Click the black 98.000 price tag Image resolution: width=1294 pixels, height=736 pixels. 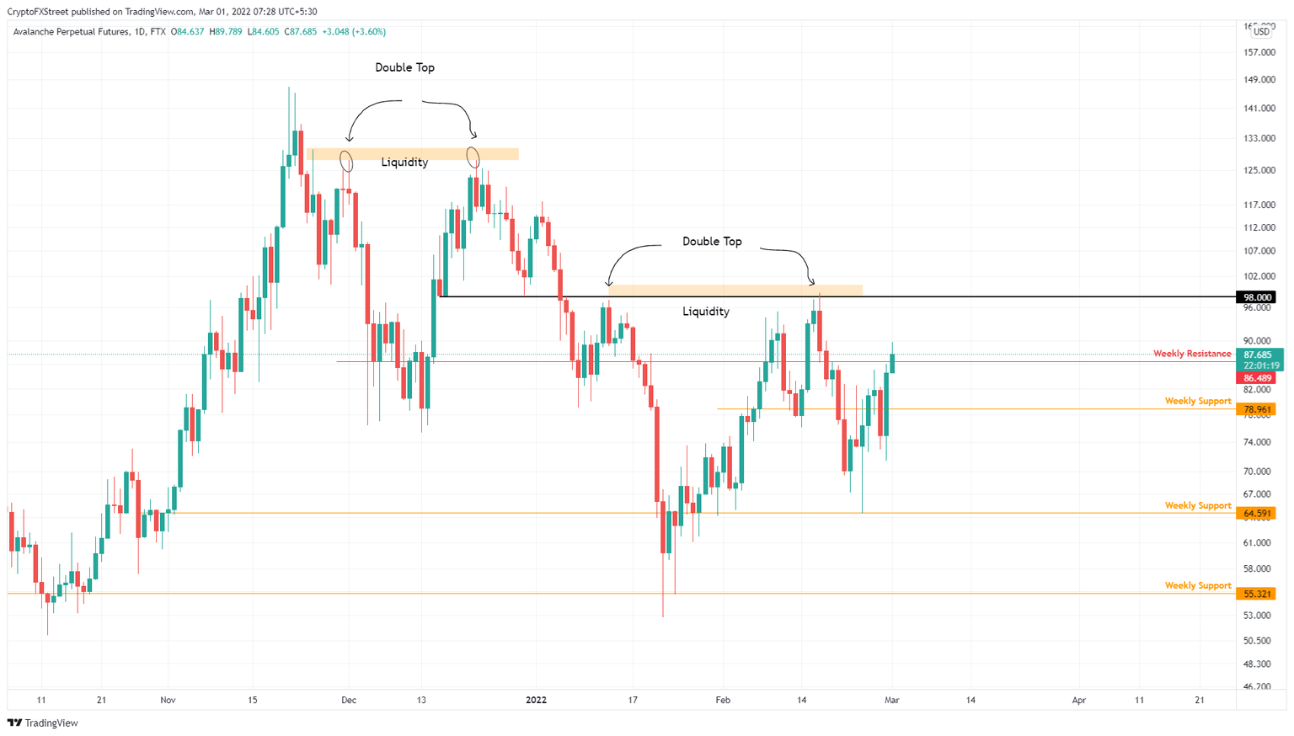point(1257,297)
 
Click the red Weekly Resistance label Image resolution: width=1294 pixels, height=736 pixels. point(1191,354)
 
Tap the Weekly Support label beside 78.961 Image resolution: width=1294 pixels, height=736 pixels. point(1197,401)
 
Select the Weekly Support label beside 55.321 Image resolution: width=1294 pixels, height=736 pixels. point(1197,585)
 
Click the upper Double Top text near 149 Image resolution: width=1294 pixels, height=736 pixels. point(404,67)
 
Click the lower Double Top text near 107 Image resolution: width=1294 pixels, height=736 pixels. point(712,242)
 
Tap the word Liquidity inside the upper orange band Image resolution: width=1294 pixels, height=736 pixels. point(404,163)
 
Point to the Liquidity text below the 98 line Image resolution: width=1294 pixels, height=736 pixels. point(706,312)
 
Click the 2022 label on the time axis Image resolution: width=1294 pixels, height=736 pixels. point(536,700)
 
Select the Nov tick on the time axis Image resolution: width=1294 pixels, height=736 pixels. point(168,700)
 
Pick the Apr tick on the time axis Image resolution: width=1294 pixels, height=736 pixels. point(1079,700)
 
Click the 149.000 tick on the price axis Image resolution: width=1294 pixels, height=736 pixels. point(1258,80)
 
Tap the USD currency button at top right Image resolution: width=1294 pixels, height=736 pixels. point(1261,31)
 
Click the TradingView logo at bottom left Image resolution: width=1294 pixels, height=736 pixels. point(43,723)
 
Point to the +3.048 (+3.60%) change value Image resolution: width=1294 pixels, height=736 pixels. point(354,32)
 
